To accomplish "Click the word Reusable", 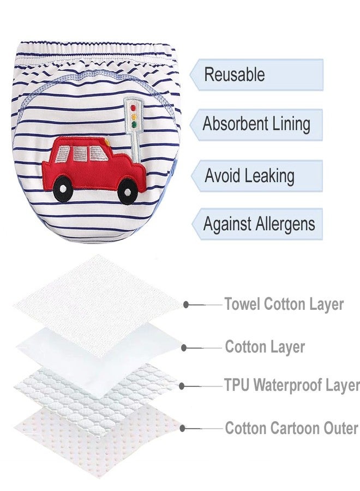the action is [x=235, y=75].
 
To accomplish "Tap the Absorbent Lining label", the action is [x=256, y=124].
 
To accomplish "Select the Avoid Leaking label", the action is [x=249, y=175].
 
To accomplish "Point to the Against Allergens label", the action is [x=259, y=224].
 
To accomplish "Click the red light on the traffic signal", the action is [x=133, y=108].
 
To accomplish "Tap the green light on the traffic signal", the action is [x=134, y=125].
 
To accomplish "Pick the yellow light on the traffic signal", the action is [x=134, y=117].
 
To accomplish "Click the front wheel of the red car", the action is [x=128, y=191].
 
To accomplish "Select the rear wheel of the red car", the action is [x=63, y=188].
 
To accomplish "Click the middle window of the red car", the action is [x=81, y=153].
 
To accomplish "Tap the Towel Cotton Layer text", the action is [x=284, y=304].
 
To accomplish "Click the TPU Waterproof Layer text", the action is [x=292, y=385].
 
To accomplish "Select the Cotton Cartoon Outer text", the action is [x=291, y=428].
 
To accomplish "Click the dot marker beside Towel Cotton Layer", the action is [x=186, y=304].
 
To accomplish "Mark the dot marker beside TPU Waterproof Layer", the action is [x=182, y=386].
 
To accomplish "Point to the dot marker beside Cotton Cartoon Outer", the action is [x=182, y=428].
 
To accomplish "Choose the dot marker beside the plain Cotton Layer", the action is [x=184, y=348].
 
